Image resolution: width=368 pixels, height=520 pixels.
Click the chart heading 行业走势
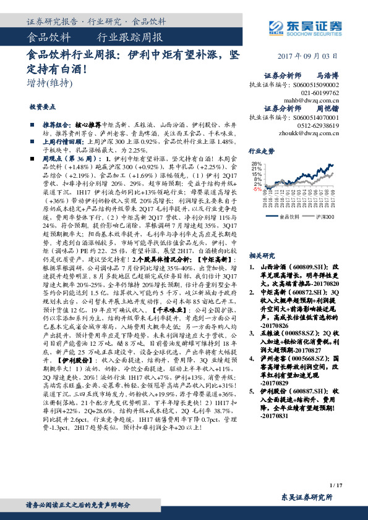tap(262, 151)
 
